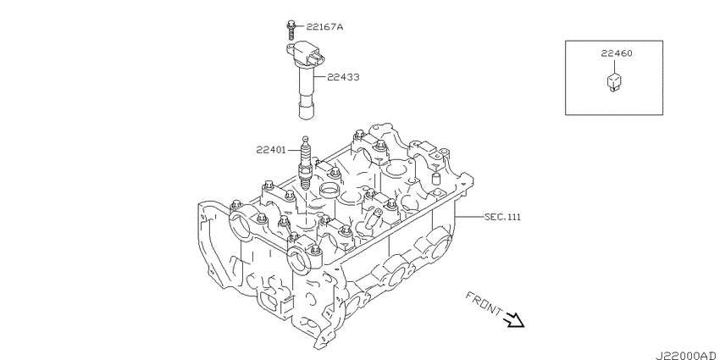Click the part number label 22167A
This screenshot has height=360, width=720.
coord(324,27)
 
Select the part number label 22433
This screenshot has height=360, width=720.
coord(343,77)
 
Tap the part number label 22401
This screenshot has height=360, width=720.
coord(271,150)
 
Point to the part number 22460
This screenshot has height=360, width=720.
coord(616,53)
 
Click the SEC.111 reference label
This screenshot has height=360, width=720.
coord(502,217)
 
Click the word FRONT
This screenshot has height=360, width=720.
coord(484,303)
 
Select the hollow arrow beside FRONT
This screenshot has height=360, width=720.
coord(514,319)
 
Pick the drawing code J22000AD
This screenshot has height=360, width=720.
coord(687,356)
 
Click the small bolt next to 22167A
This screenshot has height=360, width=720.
coord(291,30)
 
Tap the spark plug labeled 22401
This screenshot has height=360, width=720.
coord(305,164)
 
